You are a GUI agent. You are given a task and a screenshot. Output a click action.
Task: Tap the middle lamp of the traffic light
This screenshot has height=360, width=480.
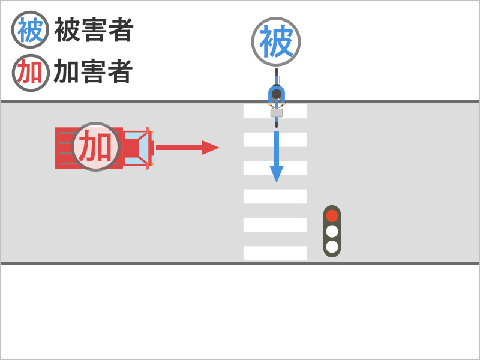(332, 231)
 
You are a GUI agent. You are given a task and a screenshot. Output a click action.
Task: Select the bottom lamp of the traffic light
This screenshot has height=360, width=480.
(332, 246)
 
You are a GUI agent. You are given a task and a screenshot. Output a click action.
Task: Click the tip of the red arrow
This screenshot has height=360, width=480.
(217, 148)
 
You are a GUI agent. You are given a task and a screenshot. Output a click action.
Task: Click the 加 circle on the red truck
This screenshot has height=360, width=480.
(96, 146)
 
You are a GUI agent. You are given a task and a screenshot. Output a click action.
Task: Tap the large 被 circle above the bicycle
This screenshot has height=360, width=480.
(276, 42)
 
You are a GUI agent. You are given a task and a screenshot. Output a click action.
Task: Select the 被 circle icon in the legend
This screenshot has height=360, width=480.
(30, 30)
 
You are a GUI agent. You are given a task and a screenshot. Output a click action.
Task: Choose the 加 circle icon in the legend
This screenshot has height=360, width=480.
(30, 72)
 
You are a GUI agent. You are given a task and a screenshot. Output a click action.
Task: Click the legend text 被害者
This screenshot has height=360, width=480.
(94, 30)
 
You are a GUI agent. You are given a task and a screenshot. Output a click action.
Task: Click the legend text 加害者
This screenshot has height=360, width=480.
(94, 72)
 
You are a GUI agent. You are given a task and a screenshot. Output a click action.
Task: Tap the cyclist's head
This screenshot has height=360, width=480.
(277, 94)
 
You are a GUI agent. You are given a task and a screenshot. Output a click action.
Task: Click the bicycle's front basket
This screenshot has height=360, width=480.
(277, 112)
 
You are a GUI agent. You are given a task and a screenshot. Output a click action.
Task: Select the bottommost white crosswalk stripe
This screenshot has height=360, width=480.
(275, 253)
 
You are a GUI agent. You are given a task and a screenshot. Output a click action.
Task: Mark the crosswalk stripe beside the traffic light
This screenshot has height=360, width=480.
(275, 225)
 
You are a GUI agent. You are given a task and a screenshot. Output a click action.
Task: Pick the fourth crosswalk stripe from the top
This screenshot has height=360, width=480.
(275, 196)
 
